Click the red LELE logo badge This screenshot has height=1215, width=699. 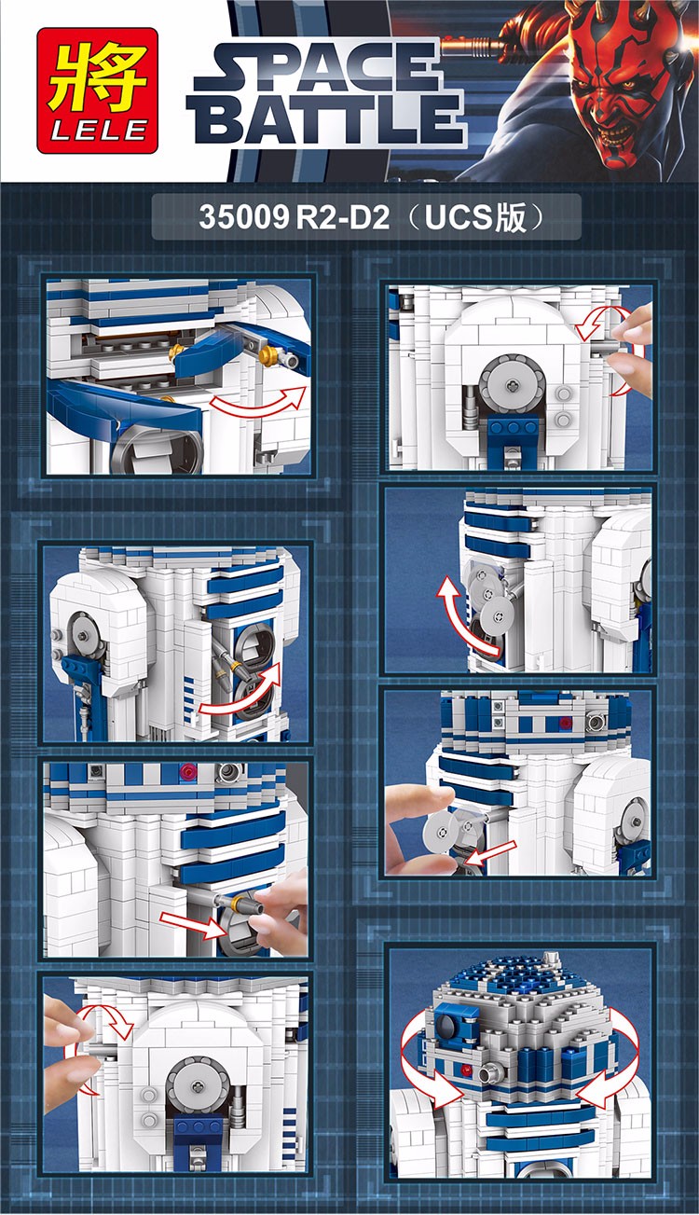pos(98,90)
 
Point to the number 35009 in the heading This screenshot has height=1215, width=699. pos(243,217)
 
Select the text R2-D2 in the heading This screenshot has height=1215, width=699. pos(343,217)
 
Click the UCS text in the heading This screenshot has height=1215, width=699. pos(458,217)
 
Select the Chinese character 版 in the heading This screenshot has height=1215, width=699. pos(509,217)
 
